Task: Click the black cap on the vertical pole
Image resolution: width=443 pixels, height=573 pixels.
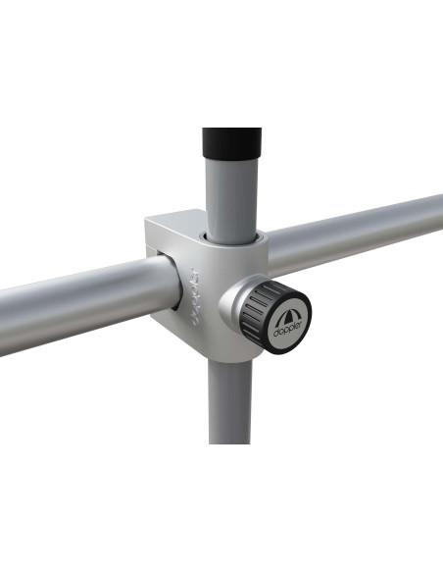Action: (x=231, y=143)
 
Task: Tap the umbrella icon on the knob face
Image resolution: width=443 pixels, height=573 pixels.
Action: (x=286, y=316)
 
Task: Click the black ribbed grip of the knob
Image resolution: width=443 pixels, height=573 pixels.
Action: (x=256, y=311)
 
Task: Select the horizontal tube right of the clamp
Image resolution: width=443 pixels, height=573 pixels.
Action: (x=354, y=234)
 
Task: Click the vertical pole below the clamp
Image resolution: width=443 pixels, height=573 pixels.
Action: (x=230, y=401)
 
